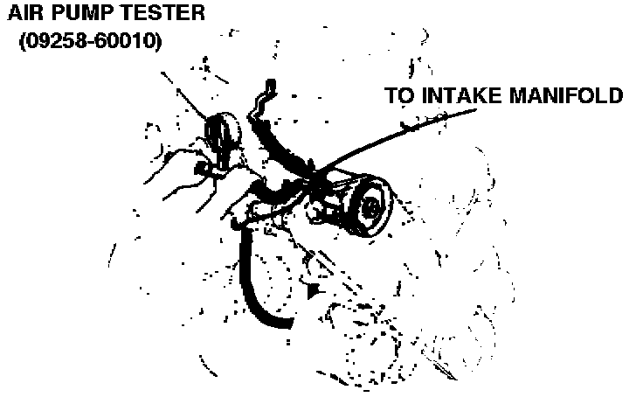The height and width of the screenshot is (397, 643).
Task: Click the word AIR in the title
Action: (27, 14)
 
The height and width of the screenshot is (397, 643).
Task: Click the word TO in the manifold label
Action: (400, 95)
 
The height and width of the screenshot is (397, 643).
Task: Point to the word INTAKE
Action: (463, 95)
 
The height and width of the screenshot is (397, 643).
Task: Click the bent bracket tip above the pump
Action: (269, 86)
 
